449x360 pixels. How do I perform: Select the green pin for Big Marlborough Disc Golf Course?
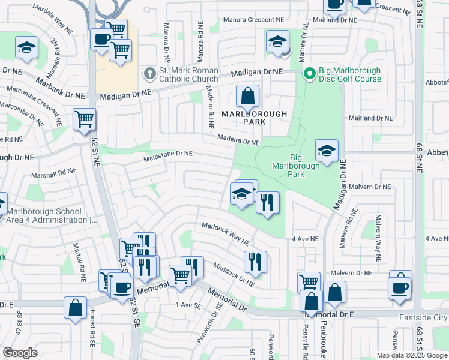(309, 74)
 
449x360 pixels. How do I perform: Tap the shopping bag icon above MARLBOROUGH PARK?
(247, 96)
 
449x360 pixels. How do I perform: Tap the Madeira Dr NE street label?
(238, 139)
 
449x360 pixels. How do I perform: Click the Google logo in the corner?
(20, 353)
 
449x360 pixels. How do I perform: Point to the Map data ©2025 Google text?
(412, 355)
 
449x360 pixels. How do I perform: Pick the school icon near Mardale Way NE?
(26, 49)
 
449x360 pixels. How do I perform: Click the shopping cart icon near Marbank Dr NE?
(85, 119)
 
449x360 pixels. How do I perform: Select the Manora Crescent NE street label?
(253, 19)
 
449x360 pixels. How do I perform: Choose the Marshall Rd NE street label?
(54, 174)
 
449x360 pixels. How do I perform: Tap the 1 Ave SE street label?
(188, 305)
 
